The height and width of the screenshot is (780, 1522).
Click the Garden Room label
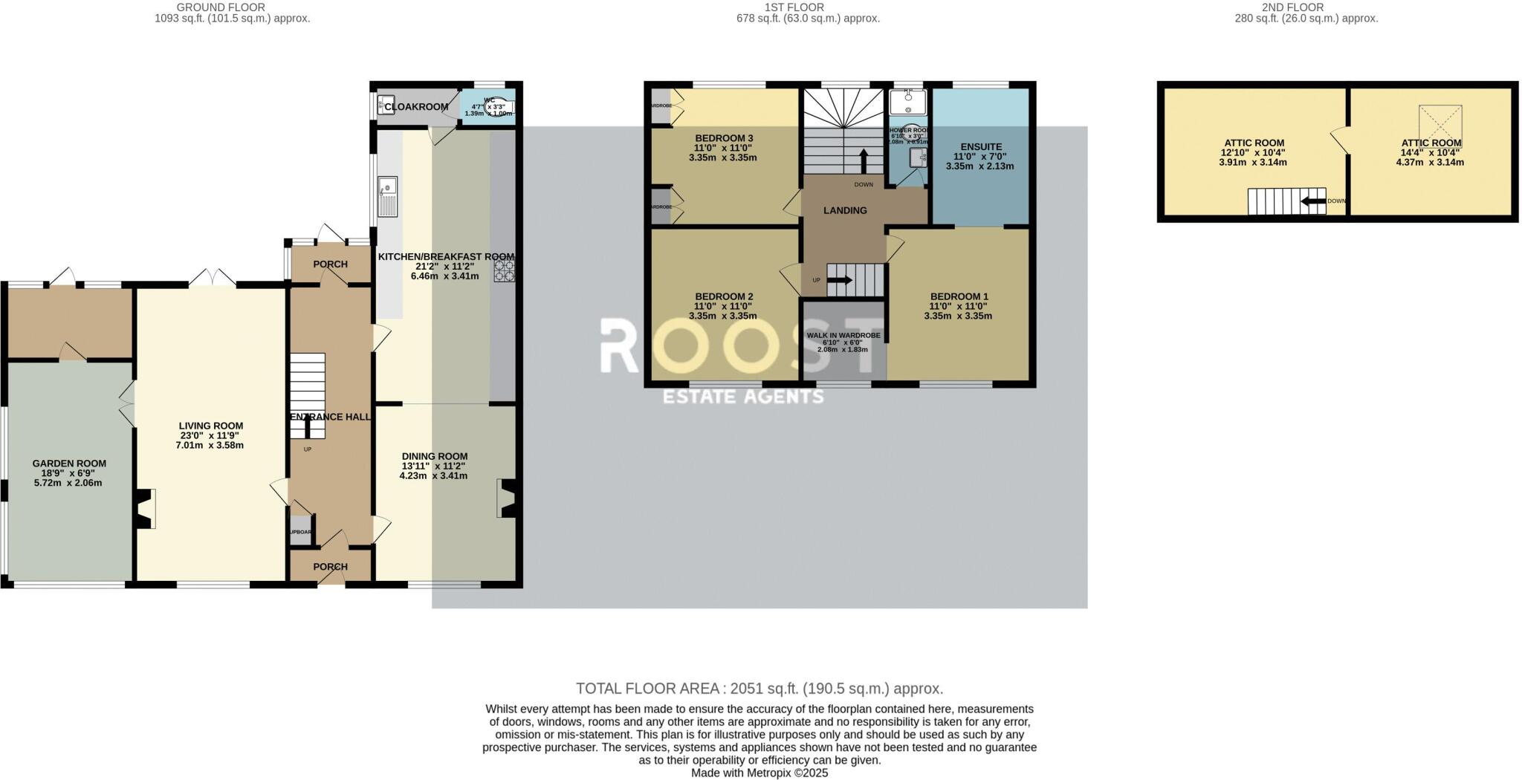(x=69, y=464)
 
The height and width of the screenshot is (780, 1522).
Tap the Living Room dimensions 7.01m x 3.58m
(x=210, y=446)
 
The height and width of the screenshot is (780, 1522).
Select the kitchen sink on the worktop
(x=387, y=196)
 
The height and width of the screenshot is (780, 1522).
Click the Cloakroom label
(x=416, y=107)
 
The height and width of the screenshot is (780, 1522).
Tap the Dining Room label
(x=435, y=456)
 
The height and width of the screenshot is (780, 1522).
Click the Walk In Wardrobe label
(x=843, y=336)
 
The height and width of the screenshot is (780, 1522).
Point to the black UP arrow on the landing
(x=840, y=280)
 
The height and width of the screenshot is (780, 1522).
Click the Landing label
(x=845, y=210)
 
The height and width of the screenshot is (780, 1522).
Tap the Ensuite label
(x=981, y=147)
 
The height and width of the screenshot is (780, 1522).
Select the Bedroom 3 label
(x=724, y=138)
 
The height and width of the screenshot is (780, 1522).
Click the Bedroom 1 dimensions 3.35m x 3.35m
(x=958, y=316)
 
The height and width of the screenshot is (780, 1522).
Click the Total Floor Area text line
(x=760, y=689)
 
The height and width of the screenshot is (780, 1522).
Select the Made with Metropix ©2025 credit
(x=760, y=773)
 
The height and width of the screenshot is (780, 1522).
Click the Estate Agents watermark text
(x=743, y=397)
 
